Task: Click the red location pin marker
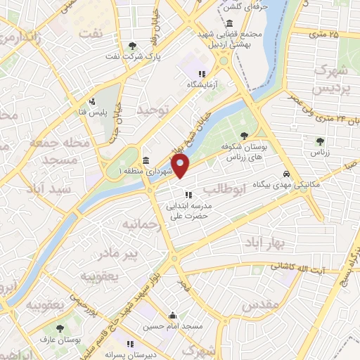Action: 181,167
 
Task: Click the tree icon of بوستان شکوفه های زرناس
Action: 243,136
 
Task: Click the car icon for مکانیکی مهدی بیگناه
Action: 285,174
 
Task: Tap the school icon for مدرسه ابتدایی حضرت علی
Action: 188,195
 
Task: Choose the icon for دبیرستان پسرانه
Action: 130,344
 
